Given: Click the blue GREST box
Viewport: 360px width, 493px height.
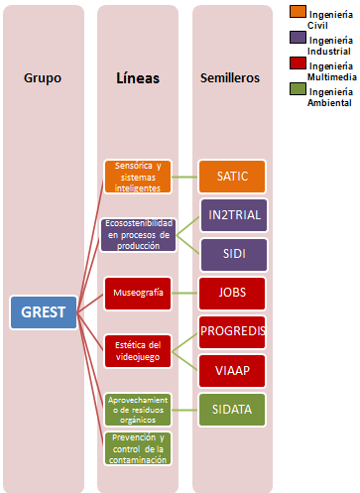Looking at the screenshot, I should tap(43, 313).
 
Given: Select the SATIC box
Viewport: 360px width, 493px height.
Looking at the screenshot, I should tap(232, 177).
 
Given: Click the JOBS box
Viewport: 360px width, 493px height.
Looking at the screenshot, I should tap(232, 293).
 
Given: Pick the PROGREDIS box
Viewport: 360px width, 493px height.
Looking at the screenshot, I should tap(232, 331).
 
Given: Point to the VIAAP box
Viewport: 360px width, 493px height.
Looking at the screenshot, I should tap(232, 371).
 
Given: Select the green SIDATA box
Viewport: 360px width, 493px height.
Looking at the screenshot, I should tap(232, 409).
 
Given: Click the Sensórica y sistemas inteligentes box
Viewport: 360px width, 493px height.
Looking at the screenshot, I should tap(137, 177).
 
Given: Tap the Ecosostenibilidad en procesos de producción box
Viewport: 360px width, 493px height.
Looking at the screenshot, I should tap(137, 234).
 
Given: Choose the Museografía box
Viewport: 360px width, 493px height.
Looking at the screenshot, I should tap(137, 293).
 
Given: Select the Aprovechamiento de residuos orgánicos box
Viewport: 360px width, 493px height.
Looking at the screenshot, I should tap(137, 409).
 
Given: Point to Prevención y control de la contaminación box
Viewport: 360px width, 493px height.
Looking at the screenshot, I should tap(137, 447).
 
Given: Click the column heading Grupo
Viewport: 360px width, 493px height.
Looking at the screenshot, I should tap(43, 76).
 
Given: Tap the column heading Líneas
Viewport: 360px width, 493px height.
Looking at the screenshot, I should tap(137, 76).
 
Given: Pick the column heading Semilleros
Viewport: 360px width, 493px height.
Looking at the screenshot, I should tap(231, 76).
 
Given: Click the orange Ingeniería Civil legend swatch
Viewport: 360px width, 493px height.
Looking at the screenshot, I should tap(297, 12).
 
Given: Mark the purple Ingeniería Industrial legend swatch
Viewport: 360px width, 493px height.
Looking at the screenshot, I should tap(297, 38).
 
